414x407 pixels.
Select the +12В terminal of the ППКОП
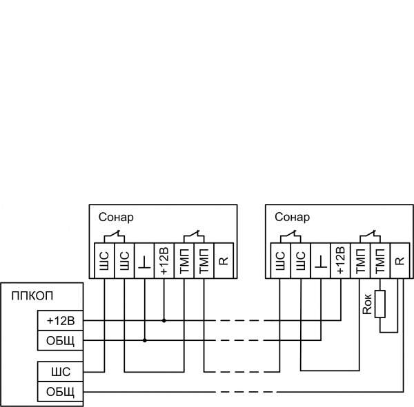pos(60,321)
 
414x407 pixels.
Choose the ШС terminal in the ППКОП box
pos(60,372)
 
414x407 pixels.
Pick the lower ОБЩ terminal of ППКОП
pos(60,392)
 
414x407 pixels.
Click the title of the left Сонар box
pos(116,217)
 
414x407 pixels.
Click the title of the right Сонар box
pos(293,217)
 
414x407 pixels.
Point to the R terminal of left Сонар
pos(224,262)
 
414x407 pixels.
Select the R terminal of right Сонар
pos(400,262)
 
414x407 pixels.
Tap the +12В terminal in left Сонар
pos(164,262)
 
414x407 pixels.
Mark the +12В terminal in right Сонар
pos(340,262)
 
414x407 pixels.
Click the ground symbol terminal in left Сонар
pos(144,262)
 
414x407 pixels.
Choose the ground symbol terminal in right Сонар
pos(320,262)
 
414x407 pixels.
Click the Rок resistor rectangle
pos(379,304)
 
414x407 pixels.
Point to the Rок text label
pos(367,304)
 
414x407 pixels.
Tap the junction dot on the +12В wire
pos(164,320)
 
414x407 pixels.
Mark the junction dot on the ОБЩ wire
pos(144,340)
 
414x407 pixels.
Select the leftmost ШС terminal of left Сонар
pos(104,262)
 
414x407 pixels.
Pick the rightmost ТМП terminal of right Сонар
pos(379,262)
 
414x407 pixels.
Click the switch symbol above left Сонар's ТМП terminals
pos(195,236)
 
